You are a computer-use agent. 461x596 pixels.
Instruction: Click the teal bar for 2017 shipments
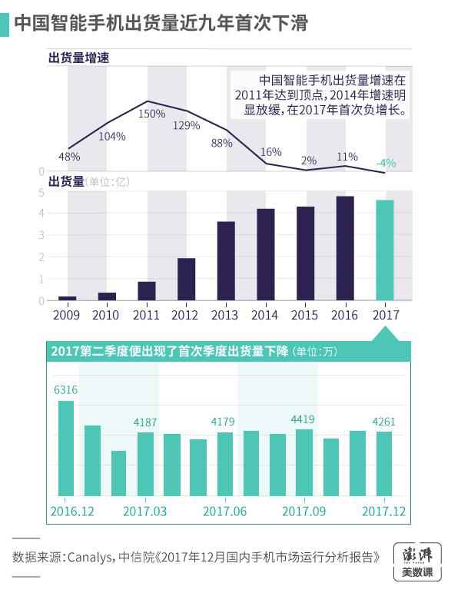pos(384,250)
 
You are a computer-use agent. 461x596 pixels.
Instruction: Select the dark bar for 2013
pos(226,260)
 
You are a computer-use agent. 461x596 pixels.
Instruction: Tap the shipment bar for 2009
pos(68,298)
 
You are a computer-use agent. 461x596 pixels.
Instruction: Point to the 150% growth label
pos(151,114)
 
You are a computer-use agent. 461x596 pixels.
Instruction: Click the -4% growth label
pos(386,163)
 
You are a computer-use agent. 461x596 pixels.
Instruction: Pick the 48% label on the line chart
pos(69,157)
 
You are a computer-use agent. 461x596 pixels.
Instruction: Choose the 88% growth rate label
pos(221,142)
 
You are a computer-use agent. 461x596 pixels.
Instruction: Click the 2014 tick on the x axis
pos(265,315)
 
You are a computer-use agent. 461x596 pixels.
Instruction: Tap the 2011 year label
pos(146,315)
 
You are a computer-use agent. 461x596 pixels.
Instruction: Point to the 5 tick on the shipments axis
pos(40,193)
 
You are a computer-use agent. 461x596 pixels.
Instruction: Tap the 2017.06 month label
pos(224,511)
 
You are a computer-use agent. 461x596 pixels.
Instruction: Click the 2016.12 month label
pos(74,511)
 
